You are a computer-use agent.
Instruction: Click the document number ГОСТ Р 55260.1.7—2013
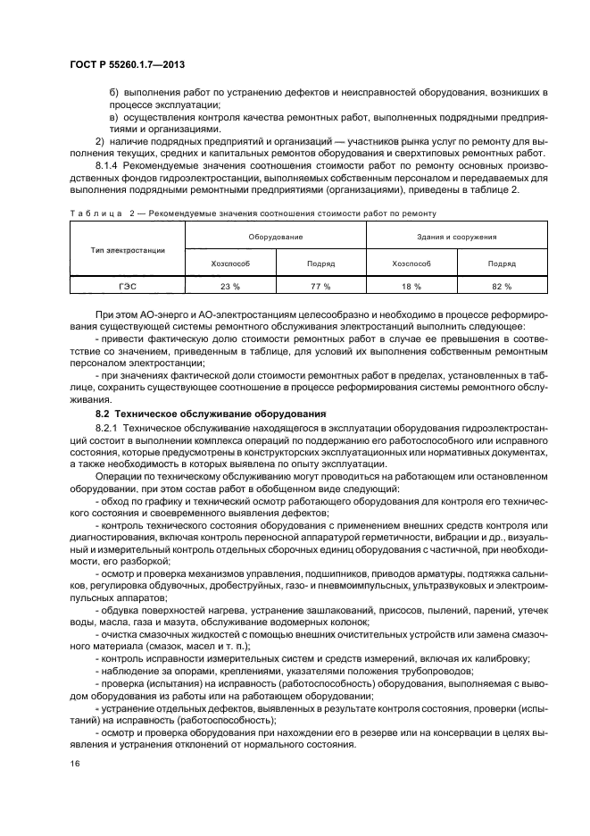coord(126,65)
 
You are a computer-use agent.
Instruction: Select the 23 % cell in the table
coord(229,286)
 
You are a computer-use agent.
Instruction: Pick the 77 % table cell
coord(320,286)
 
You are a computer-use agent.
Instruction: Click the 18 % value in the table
coord(411,286)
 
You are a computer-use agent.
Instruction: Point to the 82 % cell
coord(502,286)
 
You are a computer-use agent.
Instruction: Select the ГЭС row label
coord(128,286)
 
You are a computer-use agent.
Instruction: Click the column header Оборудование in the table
coord(275,237)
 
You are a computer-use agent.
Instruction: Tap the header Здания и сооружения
coord(457,237)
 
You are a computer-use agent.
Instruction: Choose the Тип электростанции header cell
coord(128,250)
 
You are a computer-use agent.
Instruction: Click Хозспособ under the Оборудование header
coord(229,263)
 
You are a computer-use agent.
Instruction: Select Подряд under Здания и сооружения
coord(502,263)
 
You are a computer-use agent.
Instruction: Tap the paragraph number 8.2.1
coord(108,429)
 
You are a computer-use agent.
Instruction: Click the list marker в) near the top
coord(114,117)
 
